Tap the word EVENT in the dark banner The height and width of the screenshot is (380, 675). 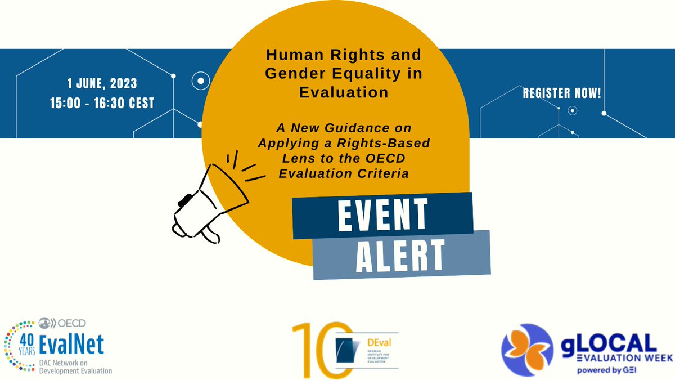pos(382,214)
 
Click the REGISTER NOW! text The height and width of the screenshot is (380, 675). pos(562,93)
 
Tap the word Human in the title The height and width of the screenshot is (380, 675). pos(292,56)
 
